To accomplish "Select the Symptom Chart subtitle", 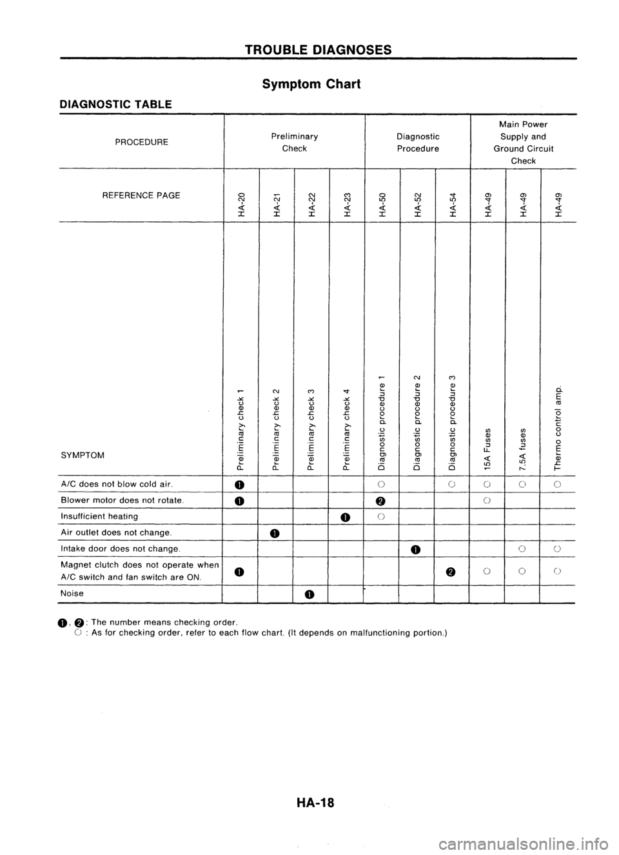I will coord(310,84).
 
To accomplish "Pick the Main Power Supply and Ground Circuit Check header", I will coord(522,142).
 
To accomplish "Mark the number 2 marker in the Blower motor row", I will coord(381,501).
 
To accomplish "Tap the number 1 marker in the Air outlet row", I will coord(275,533).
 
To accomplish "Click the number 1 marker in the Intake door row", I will coord(417,550).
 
